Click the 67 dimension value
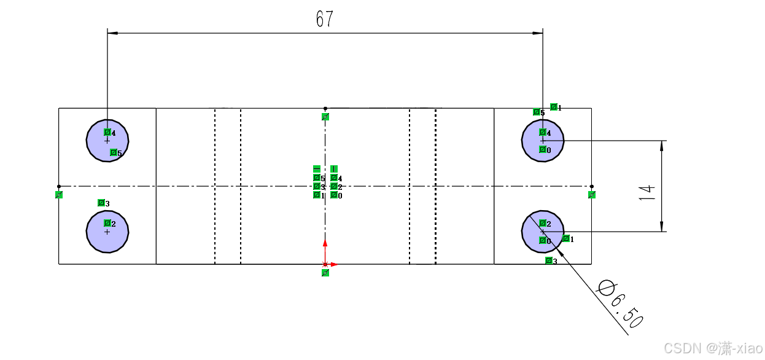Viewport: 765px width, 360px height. pyautogui.click(x=324, y=20)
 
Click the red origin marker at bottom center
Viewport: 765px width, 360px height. pyautogui.click(x=325, y=264)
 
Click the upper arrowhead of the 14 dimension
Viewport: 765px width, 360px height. pyautogui.click(x=662, y=145)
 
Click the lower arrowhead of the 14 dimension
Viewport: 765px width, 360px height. pyautogui.click(x=662, y=227)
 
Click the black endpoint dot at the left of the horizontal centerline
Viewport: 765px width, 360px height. pyautogui.click(x=59, y=186)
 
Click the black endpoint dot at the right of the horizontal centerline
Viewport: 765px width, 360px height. pyautogui.click(x=591, y=186)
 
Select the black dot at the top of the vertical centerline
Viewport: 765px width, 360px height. pyautogui.click(x=325, y=109)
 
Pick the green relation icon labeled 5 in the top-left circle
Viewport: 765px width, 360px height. pyautogui.click(x=114, y=152)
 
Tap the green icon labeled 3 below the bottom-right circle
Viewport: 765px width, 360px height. pyautogui.click(x=549, y=260)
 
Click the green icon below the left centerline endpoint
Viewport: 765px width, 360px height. pyautogui.click(x=59, y=195)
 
